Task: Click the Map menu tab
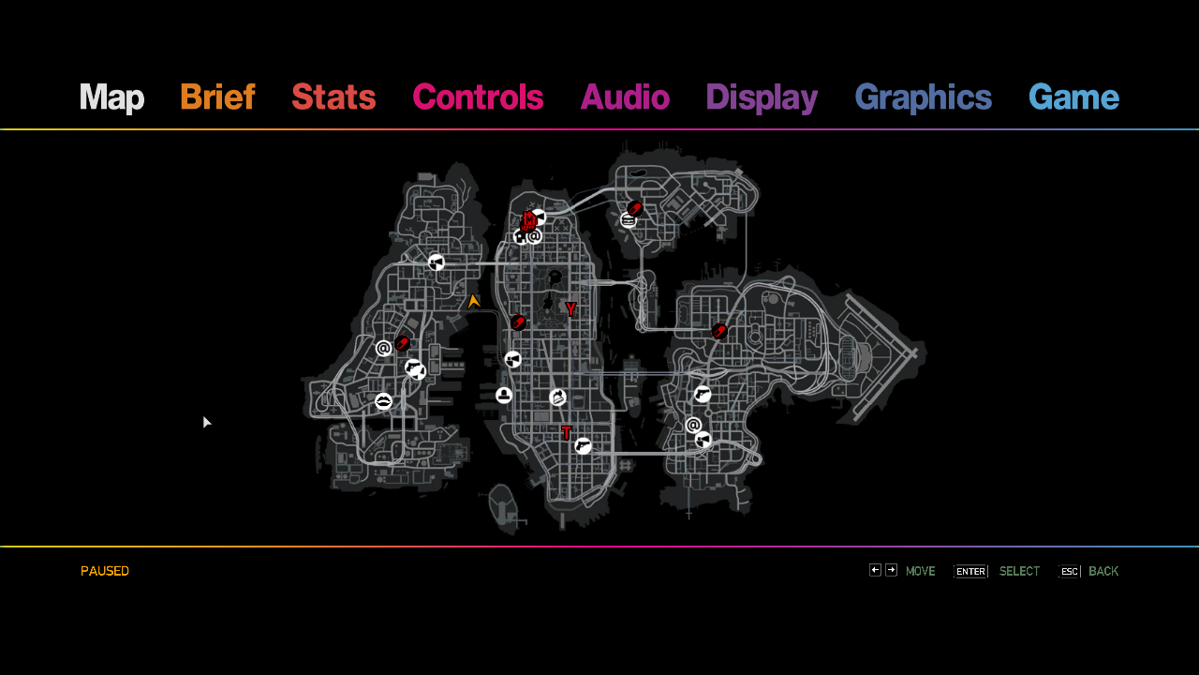click(111, 97)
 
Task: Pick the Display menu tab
click(762, 98)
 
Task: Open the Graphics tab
click(924, 98)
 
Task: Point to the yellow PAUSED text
click(105, 571)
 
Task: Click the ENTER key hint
click(970, 572)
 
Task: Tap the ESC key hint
click(1070, 572)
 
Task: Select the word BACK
click(1103, 571)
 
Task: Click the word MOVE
click(921, 571)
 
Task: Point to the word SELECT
click(1020, 571)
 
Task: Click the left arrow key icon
click(875, 570)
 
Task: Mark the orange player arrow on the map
click(473, 302)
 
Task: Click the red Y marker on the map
click(570, 308)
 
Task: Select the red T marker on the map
click(567, 432)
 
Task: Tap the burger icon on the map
click(629, 220)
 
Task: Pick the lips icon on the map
click(383, 400)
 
